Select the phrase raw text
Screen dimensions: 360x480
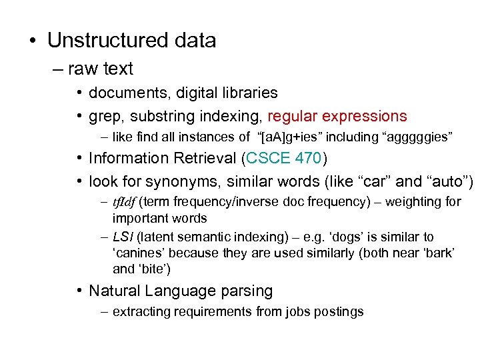[x=100, y=69]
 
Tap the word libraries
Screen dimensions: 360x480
[x=244, y=93]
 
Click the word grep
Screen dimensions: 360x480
[x=106, y=117]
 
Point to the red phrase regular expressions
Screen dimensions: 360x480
[x=337, y=116]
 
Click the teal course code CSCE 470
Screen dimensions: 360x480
[x=284, y=159]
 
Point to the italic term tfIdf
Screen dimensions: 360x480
[x=124, y=202]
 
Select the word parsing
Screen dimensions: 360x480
[x=242, y=291]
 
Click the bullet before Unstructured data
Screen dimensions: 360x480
[x=32, y=41]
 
